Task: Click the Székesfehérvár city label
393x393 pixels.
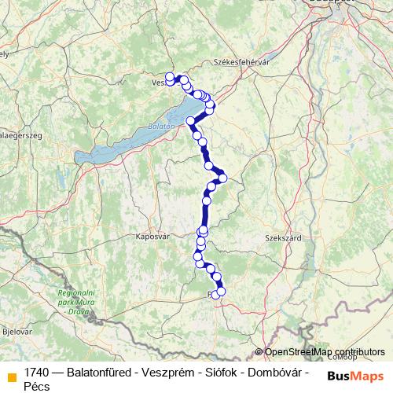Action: pos(241,62)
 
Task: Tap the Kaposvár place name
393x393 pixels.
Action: pos(153,236)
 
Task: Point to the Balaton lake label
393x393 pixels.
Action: pos(160,126)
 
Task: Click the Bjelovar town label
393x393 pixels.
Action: pos(17,332)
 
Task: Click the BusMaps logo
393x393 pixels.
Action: pos(355,376)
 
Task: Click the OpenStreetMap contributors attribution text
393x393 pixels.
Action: pos(324,352)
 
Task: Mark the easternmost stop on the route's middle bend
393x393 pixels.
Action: pos(222,178)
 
